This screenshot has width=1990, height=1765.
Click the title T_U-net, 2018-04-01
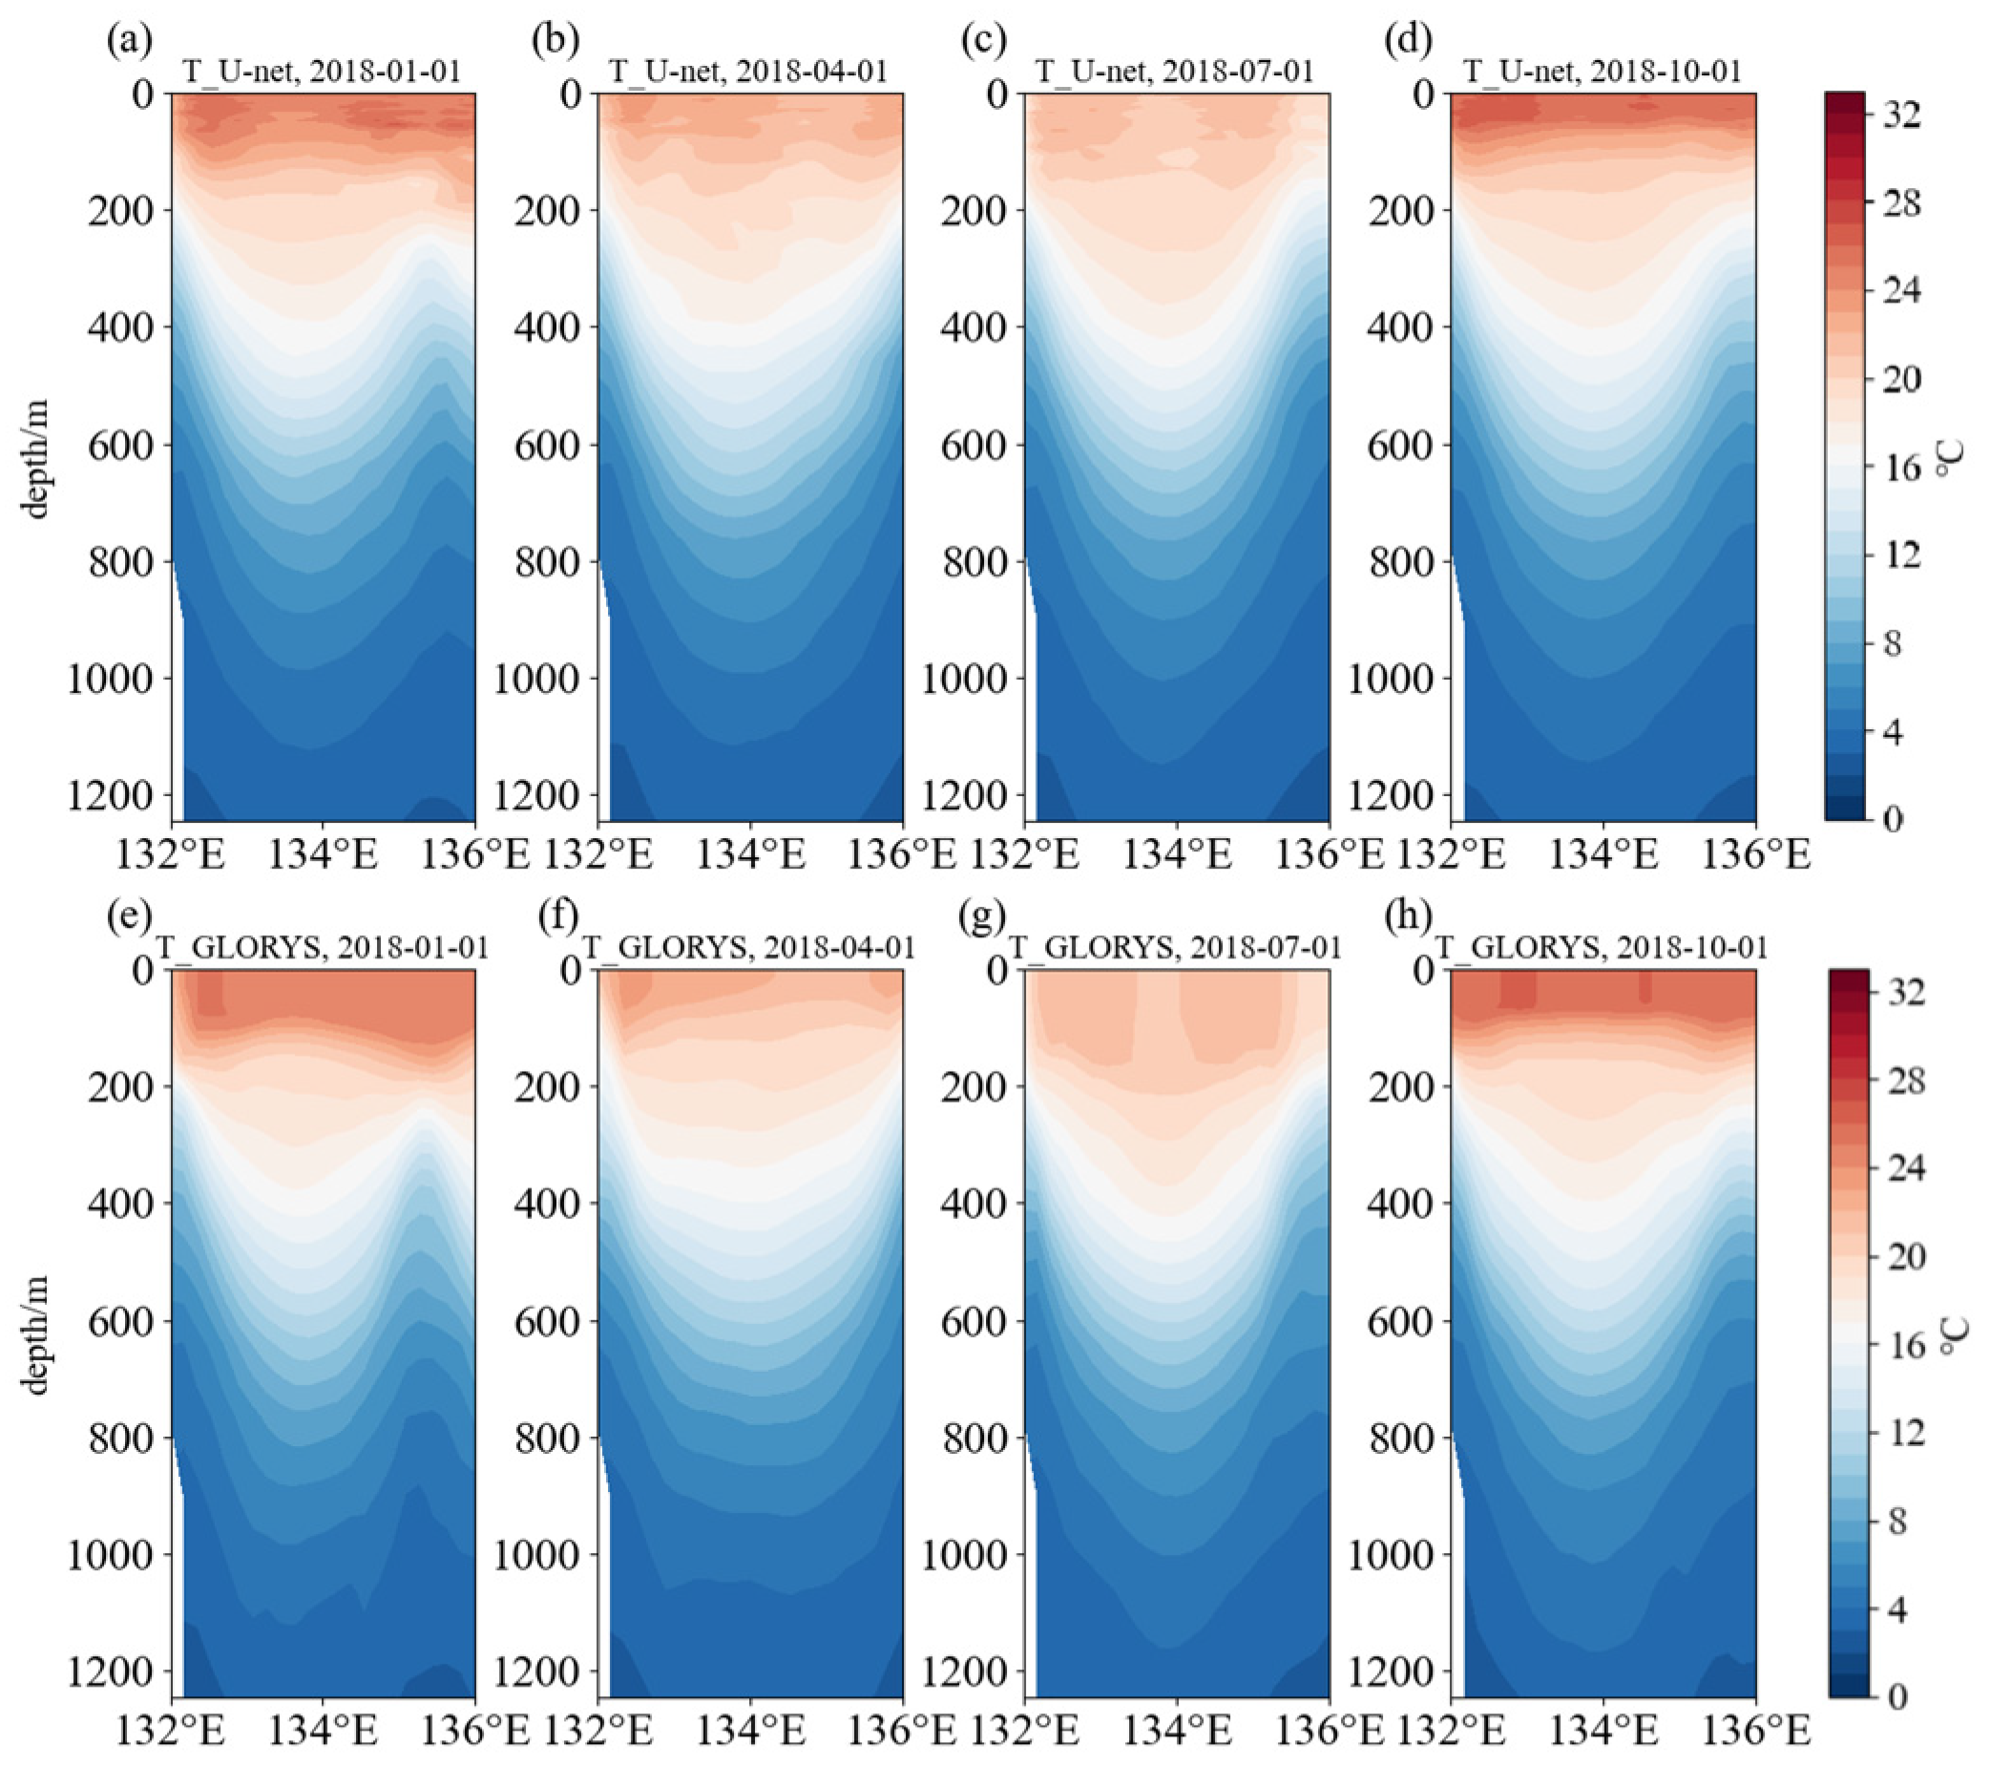tap(746, 72)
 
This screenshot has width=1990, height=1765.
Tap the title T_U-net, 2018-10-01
tap(1602, 72)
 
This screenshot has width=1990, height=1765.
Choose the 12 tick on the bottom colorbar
tap(1898, 1433)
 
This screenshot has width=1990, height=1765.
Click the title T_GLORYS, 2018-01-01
tap(323, 947)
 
